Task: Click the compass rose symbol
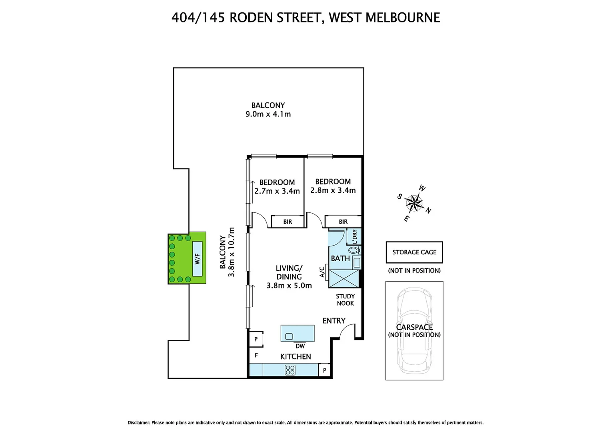415,203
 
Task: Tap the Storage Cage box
414,252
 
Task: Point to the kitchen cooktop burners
290,370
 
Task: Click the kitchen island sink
289,336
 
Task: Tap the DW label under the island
300,346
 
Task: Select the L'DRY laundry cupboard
354,236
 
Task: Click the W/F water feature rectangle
197,259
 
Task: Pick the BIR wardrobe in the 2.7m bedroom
288,222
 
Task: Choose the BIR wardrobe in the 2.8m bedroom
343,222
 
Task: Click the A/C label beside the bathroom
322,272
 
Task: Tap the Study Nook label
345,300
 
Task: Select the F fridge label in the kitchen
256,355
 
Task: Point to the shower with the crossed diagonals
343,279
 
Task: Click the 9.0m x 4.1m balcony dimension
268,114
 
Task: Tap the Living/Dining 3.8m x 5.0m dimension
289,286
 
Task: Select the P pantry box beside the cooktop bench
324,370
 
